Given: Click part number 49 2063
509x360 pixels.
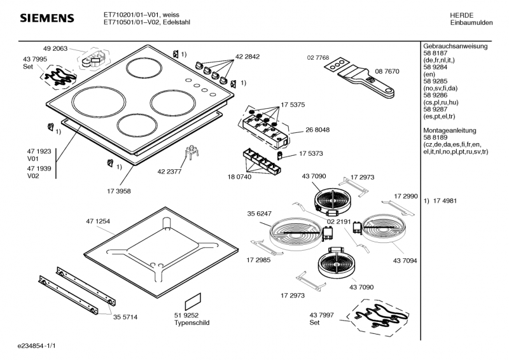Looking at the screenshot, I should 56,48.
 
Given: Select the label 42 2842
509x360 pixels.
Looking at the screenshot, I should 248,57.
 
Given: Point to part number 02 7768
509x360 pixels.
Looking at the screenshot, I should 317,58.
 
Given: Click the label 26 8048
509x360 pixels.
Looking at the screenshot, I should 317,130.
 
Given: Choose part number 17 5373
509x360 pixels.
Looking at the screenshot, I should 311,153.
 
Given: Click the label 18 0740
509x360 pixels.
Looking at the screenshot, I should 239,176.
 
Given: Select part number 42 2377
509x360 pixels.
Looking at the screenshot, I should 169,171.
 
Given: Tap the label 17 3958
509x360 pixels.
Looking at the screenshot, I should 119,190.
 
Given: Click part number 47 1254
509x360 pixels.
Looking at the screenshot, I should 98,221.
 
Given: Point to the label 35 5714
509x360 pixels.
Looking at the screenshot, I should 125,316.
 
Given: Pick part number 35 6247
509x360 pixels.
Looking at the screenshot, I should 260,214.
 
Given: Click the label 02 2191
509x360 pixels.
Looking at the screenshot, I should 340,221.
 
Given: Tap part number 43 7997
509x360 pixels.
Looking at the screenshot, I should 322,316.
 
